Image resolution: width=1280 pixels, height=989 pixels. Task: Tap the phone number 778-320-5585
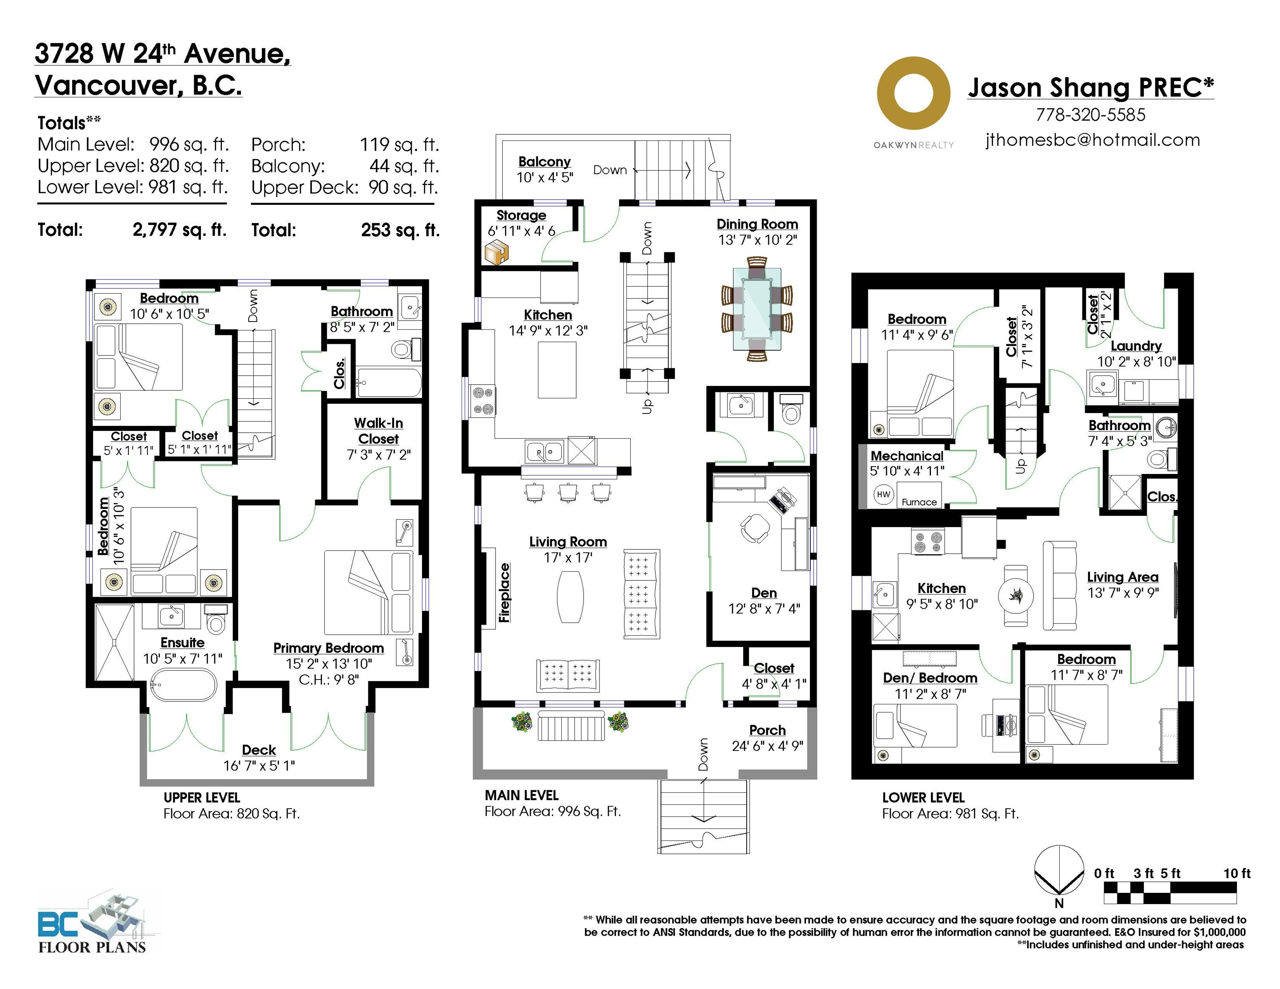[1090, 115]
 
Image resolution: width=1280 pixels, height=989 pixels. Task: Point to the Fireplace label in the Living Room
[504, 592]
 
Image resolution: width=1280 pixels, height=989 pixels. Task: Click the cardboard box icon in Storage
[496, 252]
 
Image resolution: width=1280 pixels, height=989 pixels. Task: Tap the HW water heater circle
[883, 494]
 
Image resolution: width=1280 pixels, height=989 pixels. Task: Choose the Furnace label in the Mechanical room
[919, 502]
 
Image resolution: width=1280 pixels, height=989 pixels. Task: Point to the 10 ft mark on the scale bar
[1237, 874]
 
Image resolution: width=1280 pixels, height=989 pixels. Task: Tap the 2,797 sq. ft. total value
[179, 230]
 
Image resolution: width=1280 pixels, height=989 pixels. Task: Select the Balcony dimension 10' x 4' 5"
[544, 178]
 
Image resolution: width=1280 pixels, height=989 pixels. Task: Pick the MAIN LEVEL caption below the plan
[522, 795]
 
